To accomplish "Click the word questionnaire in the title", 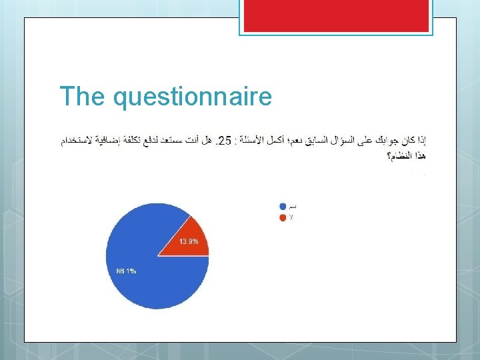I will pyautogui.click(x=193, y=97).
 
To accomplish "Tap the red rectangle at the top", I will pyautogui.click(x=336, y=15).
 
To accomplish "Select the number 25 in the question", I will pyautogui.click(x=225, y=141).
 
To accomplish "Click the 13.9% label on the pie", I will pyautogui.click(x=188, y=241).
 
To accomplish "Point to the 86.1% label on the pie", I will pyautogui.click(x=126, y=271).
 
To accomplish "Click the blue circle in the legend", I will pyautogui.click(x=283, y=207).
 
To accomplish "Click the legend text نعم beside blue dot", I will pyautogui.click(x=293, y=207).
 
